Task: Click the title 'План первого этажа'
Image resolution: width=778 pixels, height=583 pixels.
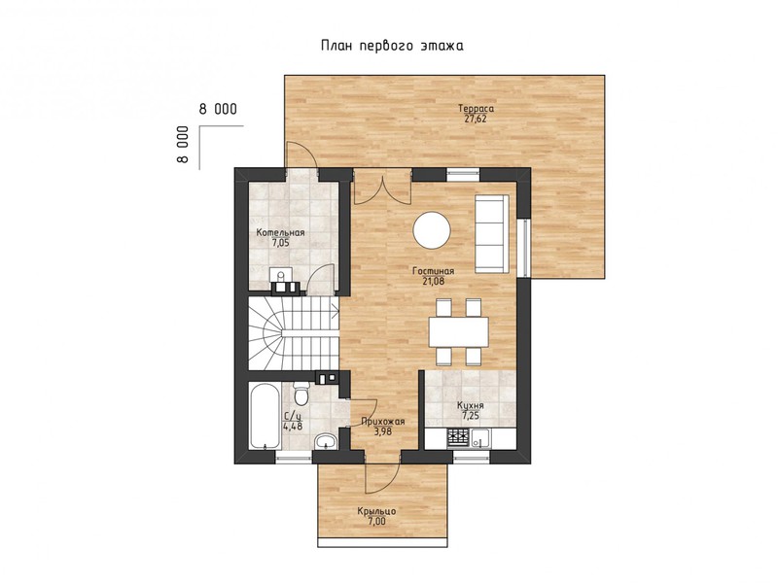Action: pyautogui.click(x=392, y=46)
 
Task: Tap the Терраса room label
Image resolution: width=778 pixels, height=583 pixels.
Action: pyautogui.click(x=476, y=109)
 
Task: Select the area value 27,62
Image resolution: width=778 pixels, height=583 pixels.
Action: pyautogui.click(x=476, y=119)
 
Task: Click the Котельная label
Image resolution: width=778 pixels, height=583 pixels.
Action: pyautogui.click(x=280, y=233)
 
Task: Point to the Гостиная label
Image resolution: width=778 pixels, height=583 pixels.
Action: pyautogui.click(x=433, y=271)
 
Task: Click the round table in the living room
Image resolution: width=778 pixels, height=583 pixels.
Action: pyautogui.click(x=432, y=230)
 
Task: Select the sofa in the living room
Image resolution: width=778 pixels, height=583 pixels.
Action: pyautogui.click(x=492, y=234)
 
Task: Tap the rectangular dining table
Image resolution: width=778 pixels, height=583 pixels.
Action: pyautogui.click(x=458, y=332)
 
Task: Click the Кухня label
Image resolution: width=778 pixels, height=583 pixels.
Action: pyautogui.click(x=471, y=406)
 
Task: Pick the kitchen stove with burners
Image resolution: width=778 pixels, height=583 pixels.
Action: pyautogui.click(x=458, y=438)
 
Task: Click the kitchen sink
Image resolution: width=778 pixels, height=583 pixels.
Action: pyautogui.click(x=480, y=439)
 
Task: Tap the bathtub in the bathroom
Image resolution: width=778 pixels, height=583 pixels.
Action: pyautogui.click(x=263, y=416)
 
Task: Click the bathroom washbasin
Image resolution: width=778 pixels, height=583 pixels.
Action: pyautogui.click(x=326, y=440)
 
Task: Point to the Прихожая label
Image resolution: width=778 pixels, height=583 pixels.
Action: pyautogui.click(x=383, y=422)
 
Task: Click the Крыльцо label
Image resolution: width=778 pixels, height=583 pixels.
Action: pyautogui.click(x=376, y=511)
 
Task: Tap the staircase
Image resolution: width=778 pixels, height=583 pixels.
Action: pyautogui.click(x=294, y=333)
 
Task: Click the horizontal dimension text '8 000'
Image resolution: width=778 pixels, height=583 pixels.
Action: pyautogui.click(x=218, y=109)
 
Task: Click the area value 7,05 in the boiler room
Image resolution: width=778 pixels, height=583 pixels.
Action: pyautogui.click(x=280, y=244)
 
